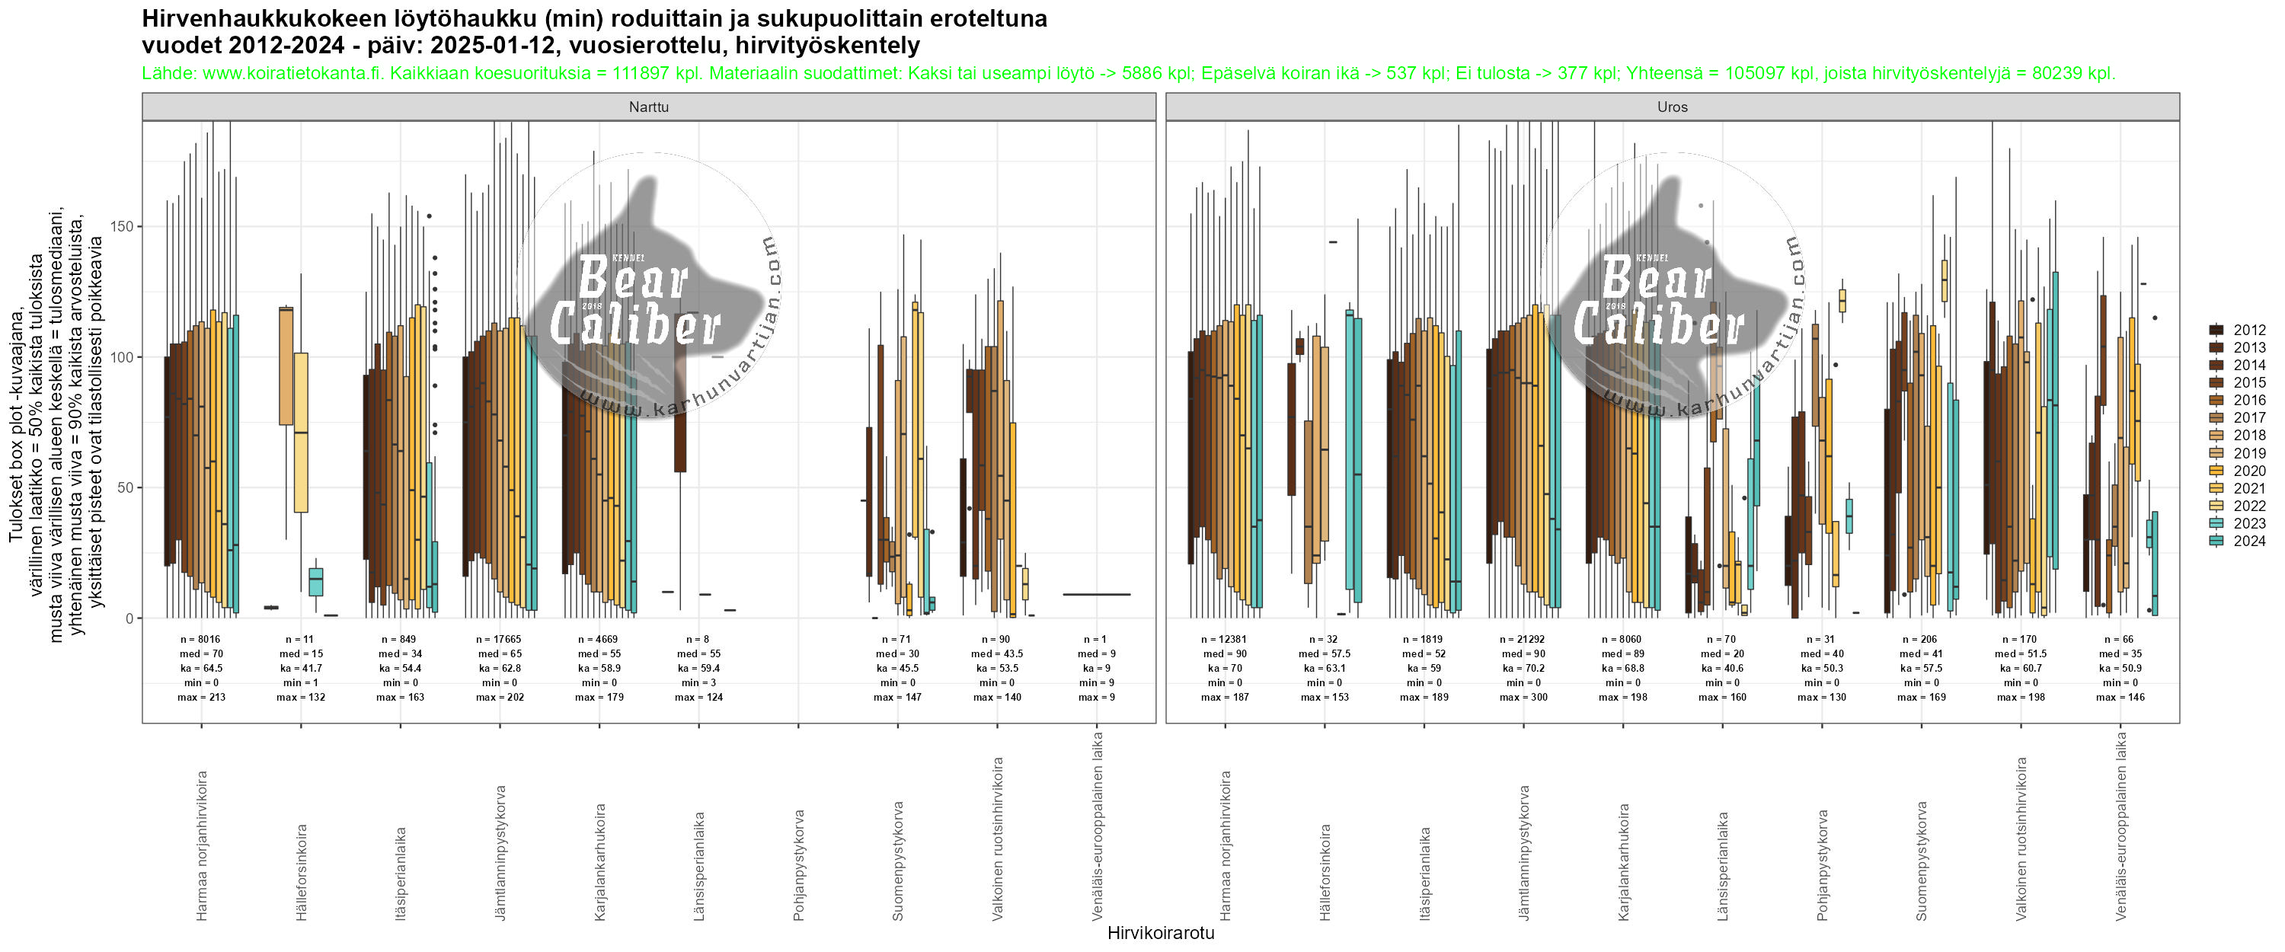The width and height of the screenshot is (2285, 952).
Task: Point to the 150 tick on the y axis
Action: (x=122, y=226)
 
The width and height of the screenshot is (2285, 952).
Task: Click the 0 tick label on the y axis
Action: (x=128, y=618)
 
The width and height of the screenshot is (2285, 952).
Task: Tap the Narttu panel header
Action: (x=648, y=107)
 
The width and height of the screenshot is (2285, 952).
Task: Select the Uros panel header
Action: (x=1672, y=107)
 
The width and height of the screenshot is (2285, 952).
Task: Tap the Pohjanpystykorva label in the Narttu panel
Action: (x=799, y=851)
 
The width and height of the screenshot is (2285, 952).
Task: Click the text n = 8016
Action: (x=200, y=639)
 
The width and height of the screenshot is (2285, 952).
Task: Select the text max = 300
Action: (x=1523, y=698)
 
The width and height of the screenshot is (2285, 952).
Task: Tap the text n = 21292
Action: (x=1523, y=639)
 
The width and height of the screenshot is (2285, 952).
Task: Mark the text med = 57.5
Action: (x=1325, y=654)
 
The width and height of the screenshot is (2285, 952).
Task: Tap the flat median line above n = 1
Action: (x=1096, y=595)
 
